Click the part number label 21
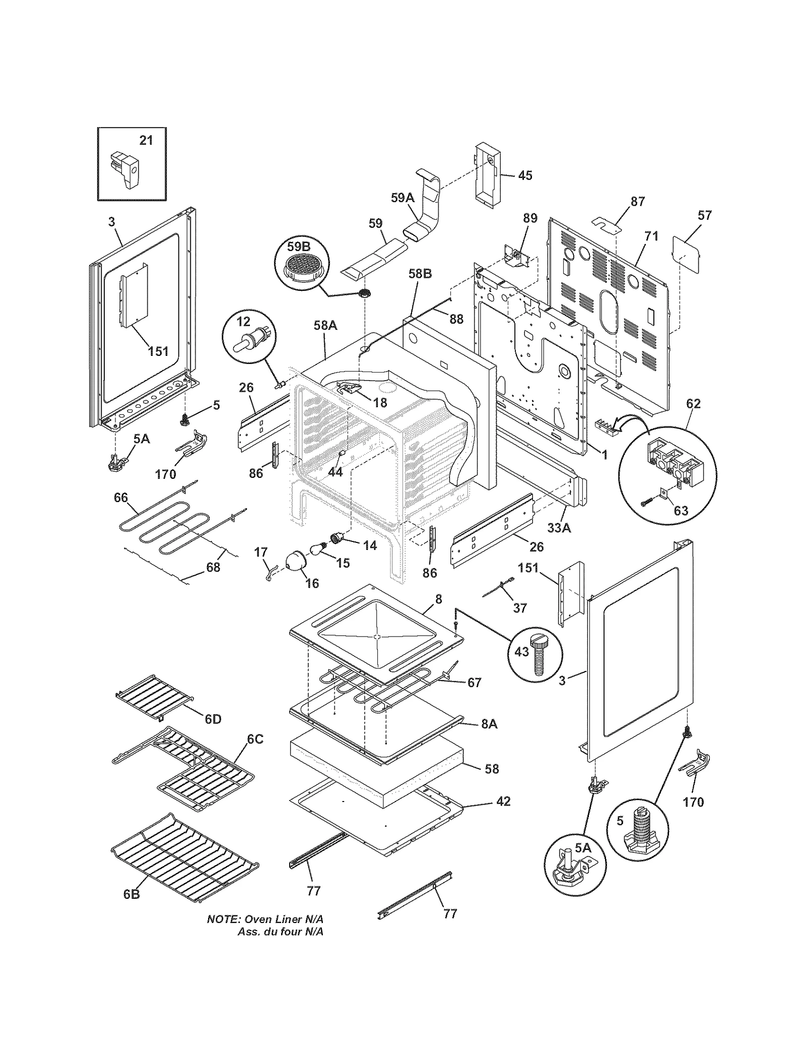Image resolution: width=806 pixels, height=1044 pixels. pos(146,140)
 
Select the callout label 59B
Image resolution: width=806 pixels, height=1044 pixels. pos(299,247)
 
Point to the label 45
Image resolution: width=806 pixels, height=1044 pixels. pos(525,175)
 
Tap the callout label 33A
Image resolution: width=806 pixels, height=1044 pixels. pos(559,528)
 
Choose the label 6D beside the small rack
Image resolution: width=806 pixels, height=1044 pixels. pos(213,719)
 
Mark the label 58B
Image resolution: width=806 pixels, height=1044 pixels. pos(420,274)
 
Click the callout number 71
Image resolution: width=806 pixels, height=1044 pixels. pos(651,236)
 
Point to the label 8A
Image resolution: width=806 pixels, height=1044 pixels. pos(489,724)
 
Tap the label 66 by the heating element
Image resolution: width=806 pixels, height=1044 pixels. pos(121,498)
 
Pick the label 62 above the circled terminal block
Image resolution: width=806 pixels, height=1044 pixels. pos(693,403)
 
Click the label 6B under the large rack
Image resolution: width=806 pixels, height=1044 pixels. pos(131,894)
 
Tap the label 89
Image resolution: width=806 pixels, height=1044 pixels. pos(530,218)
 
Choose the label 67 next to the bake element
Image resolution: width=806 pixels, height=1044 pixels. pos(475,683)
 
